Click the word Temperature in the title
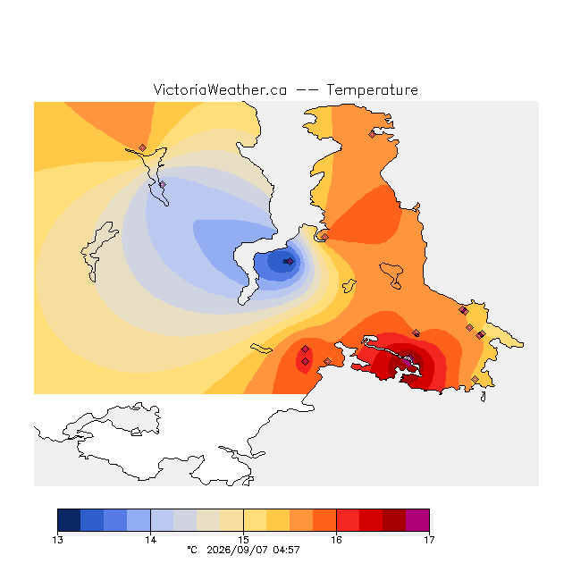point(372,89)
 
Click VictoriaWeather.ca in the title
point(220,89)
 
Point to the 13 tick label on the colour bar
point(57,540)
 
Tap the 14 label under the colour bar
point(150,540)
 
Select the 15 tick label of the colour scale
point(243,540)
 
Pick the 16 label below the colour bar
point(336,540)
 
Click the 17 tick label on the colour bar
point(429,540)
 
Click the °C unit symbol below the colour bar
point(192,550)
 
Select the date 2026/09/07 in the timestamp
point(237,550)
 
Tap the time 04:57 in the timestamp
point(286,550)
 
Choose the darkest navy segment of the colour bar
point(69,520)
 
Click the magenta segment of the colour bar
point(417,520)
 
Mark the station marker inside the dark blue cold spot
point(290,261)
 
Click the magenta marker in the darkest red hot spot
point(409,358)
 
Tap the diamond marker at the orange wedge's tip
point(142,147)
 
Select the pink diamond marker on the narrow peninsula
point(163,185)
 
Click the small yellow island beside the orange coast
point(349,286)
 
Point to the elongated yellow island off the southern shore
point(261,349)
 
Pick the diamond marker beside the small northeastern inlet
point(372,135)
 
